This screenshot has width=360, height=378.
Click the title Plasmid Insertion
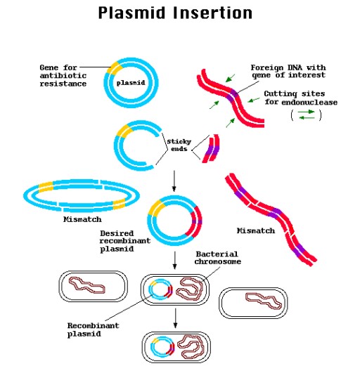tap(175, 13)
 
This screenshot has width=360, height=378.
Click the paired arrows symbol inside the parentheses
tap(306, 117)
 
